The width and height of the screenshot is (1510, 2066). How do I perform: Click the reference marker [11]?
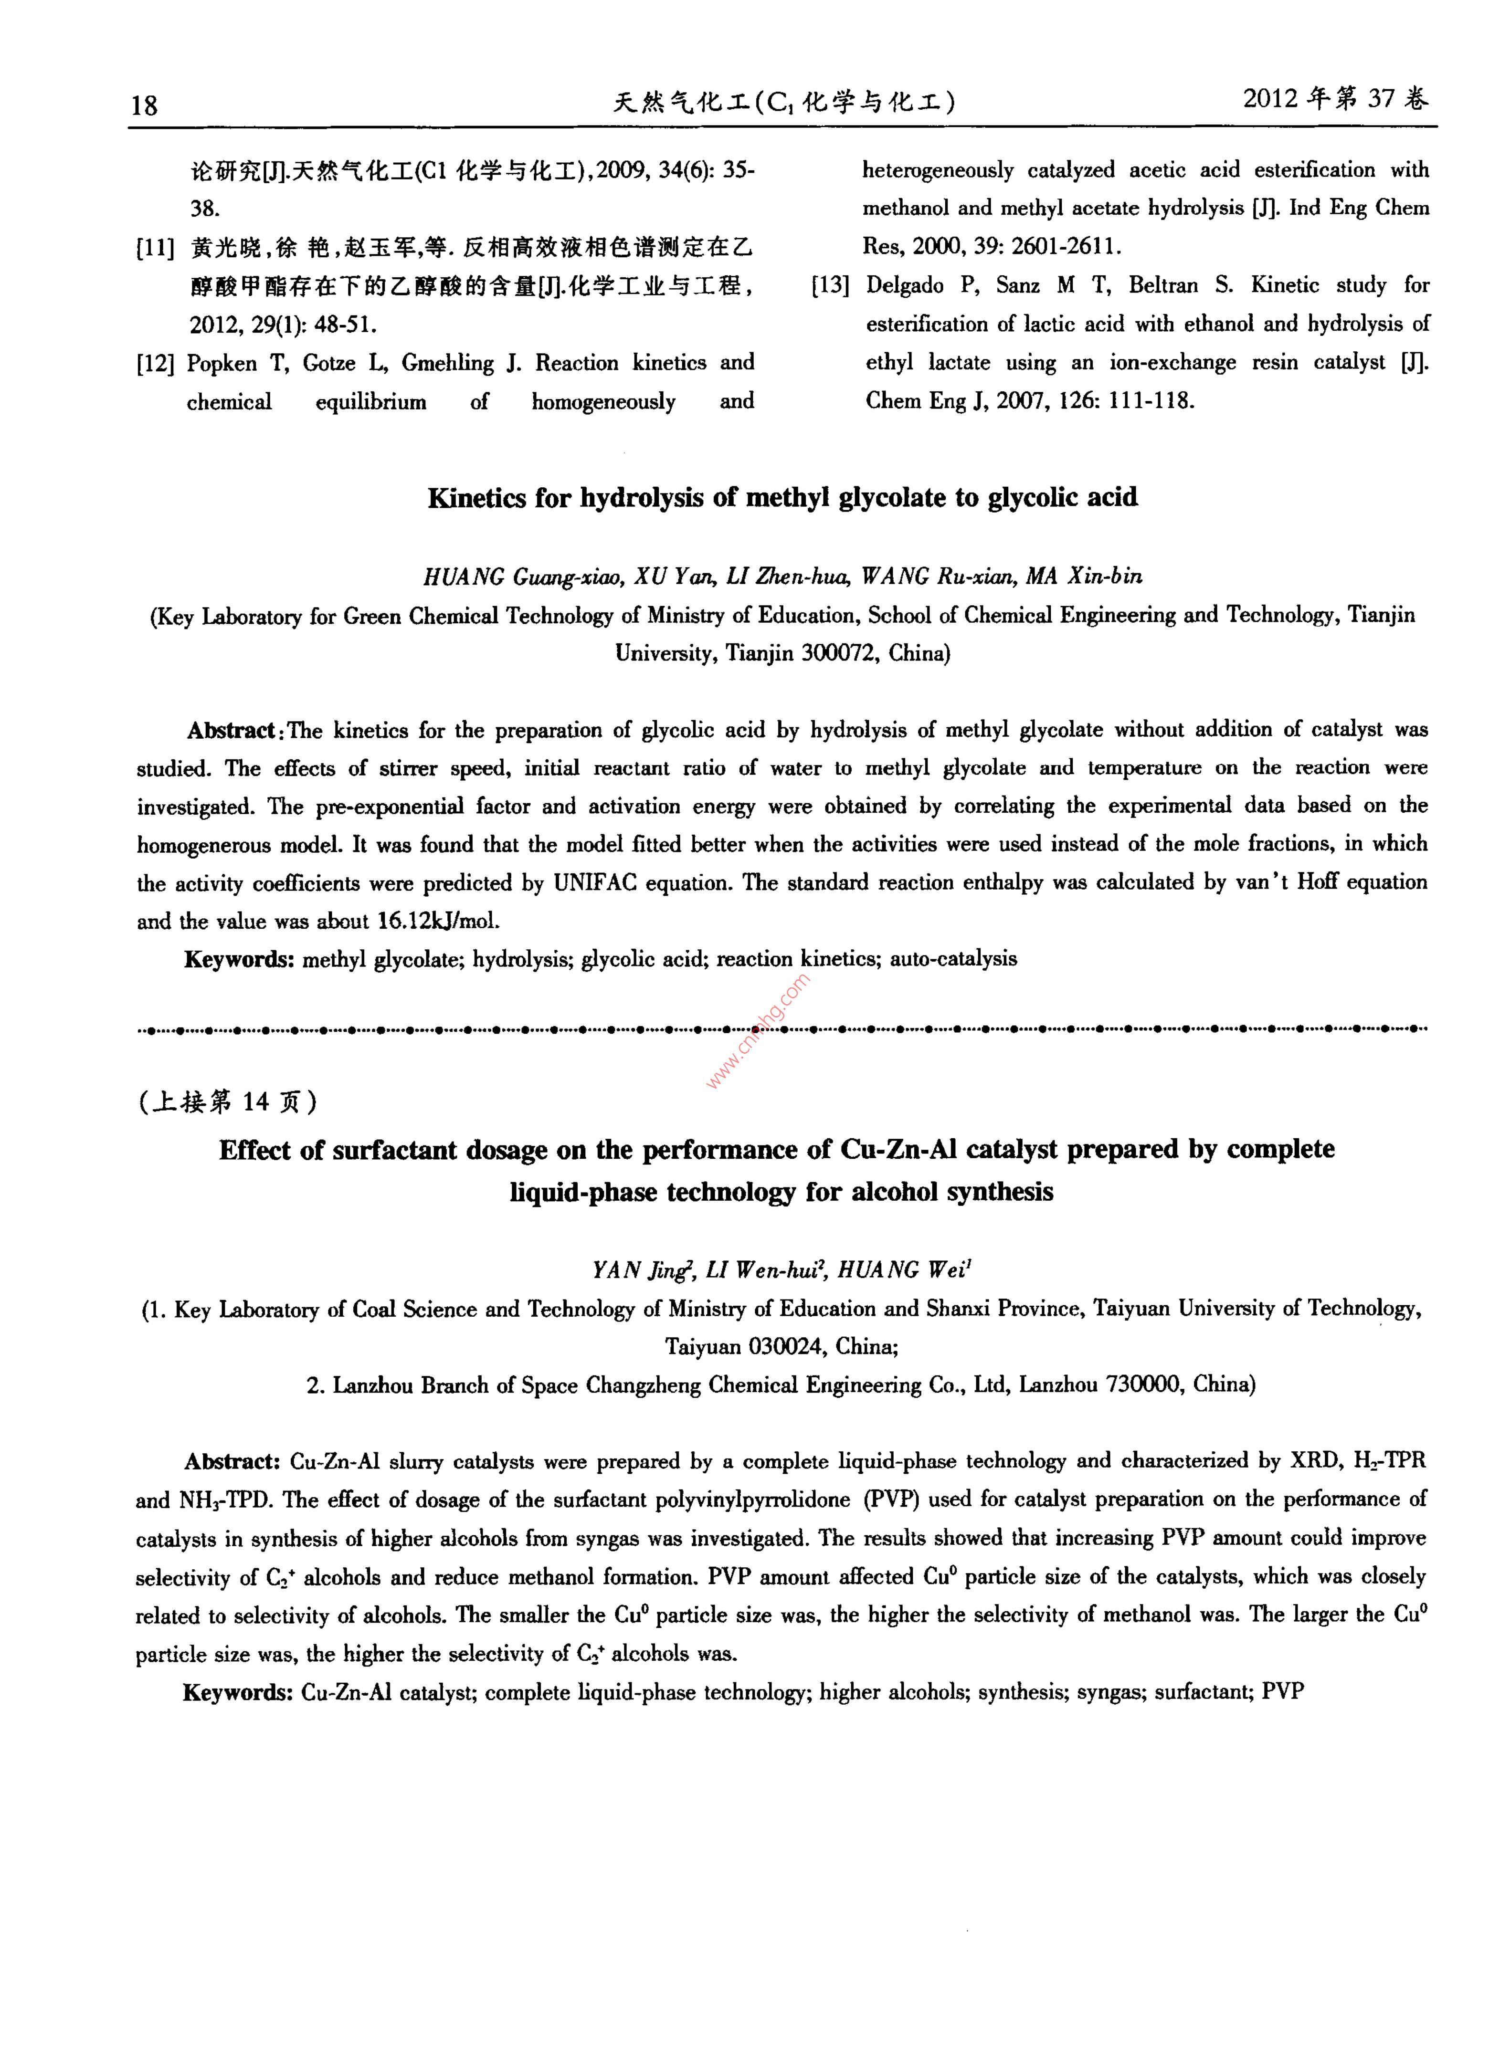point(155,248)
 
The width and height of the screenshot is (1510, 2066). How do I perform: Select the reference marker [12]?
point(155,364)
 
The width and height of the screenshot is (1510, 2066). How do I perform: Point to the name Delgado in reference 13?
point(905,286)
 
